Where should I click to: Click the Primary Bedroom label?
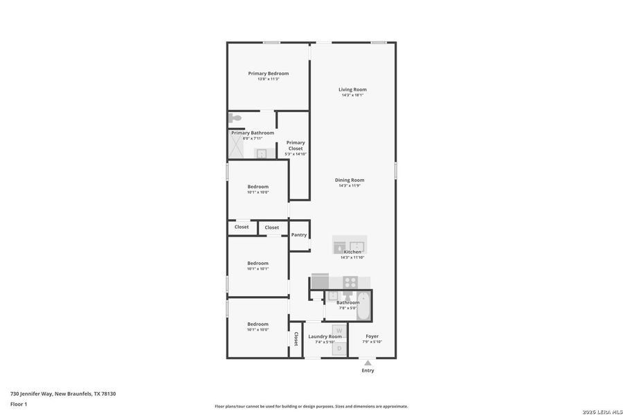tap(269, 73)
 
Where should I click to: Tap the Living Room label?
tap(352, 89)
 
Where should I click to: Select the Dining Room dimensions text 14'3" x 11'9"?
tap(351, 185)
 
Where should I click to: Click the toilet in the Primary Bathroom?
tap(235, 119)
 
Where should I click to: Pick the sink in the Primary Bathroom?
tap(262, 153)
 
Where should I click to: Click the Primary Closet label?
tap(296, 145)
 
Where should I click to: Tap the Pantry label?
tap(299, 235)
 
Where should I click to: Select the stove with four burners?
tap(350, 282)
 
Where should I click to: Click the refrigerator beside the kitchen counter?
tap(320, 281)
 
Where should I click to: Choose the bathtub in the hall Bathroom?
tap(364, 305)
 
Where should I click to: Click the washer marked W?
tap(339, 330)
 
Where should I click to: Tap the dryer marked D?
tap(339, 349)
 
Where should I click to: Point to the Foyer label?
tap(372, 337)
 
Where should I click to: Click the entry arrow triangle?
tap(368, 362)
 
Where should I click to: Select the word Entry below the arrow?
tap(368, 371)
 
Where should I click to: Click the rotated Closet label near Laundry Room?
tap(296, 339)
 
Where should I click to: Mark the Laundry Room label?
tap(325, 337)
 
